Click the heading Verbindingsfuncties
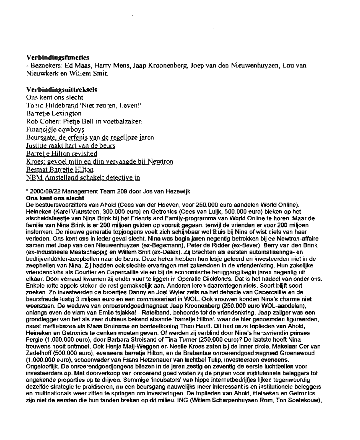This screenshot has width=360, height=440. (x=58, y=58)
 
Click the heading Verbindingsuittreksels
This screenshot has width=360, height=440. (x=61, y=90)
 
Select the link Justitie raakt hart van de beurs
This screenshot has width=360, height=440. (x=70, y=145)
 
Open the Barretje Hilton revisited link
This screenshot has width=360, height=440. (x=62, y=153)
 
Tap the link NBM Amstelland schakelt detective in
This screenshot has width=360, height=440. (x=83, y=177)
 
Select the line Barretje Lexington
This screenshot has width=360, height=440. (x=54, y=113)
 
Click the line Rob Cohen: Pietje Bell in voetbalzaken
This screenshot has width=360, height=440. (x=84, y=121)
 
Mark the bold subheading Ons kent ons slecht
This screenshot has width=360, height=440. (x=55, y=198)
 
